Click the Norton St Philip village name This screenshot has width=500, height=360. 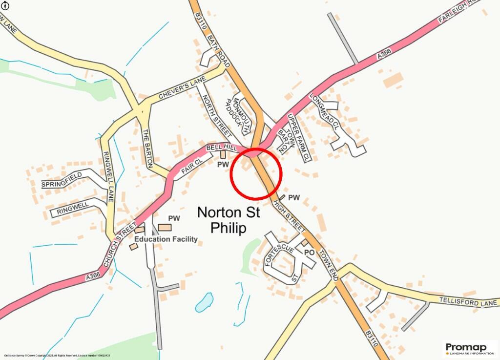(x=229, y=220)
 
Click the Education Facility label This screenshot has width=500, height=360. (x=166, y=239)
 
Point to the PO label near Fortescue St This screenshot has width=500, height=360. (x=309, y=253)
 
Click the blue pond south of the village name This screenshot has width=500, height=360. (x=204, y=302)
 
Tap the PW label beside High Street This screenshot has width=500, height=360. (x=293, y=197)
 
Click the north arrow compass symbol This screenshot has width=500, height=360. (x=5, y=5)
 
